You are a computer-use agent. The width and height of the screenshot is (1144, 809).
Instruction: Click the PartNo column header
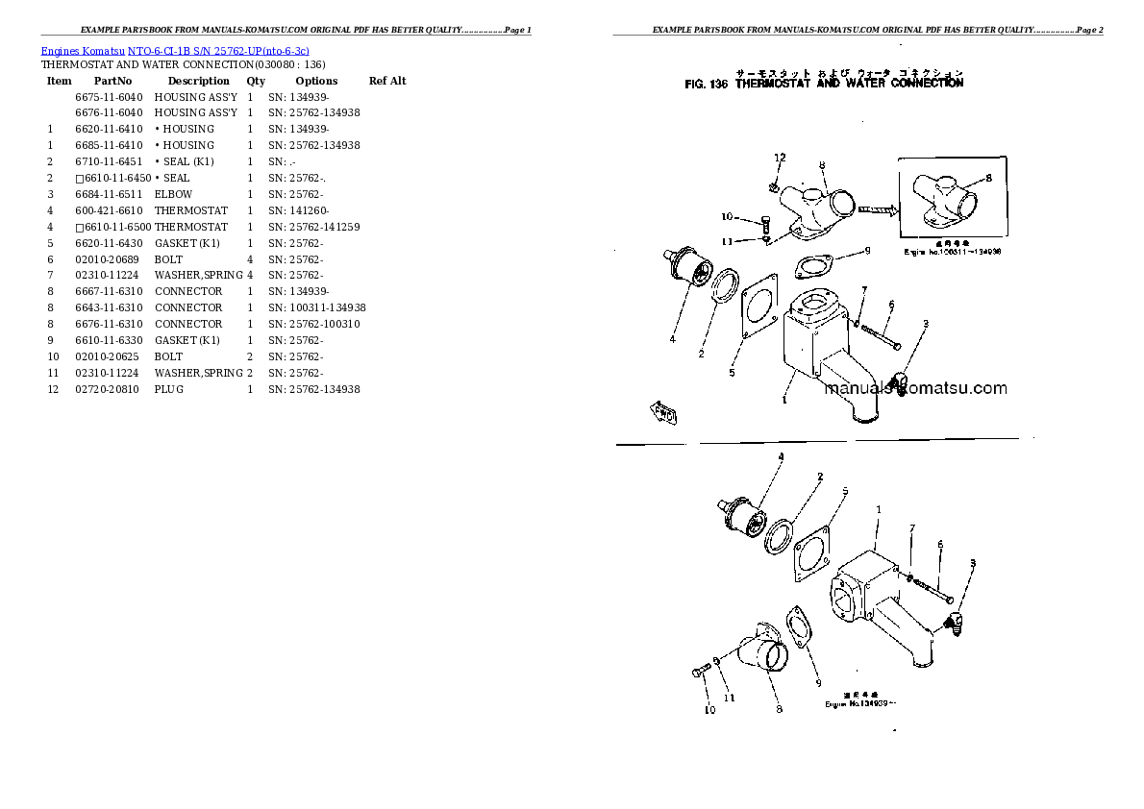(x=112, y=82)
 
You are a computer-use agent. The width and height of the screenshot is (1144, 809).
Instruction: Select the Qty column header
(x=256, y=82)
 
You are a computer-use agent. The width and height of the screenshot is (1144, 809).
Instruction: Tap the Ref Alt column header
(x=387, y=82)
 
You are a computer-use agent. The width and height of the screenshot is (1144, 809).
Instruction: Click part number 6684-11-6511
(x=109, y=194)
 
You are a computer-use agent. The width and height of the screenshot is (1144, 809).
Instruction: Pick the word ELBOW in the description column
(x=173, y=194)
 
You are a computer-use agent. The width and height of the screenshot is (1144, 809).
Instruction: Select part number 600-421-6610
(x=109, y=210)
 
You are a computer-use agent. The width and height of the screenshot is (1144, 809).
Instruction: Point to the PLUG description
(x=168, y=389)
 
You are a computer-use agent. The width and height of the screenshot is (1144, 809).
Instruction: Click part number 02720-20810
(x=109, y=389)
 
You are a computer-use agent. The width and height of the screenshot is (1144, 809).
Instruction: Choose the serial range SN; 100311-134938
(x=316, y=307)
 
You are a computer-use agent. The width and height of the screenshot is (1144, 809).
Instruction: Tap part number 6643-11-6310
(x=109, y=307)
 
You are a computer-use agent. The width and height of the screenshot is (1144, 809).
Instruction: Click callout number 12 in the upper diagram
(x=780, y=158)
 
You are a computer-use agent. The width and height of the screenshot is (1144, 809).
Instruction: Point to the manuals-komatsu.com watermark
(x=914, y=389)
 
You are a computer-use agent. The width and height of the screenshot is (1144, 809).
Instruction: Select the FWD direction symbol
(x=664, y=413)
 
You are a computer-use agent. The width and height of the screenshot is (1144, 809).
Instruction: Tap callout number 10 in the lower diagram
(x=709, y=711)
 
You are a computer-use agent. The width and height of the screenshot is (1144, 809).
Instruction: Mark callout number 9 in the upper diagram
(x=866, y=252)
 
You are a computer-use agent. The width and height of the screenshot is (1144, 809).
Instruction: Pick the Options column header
(x=316, y=82)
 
